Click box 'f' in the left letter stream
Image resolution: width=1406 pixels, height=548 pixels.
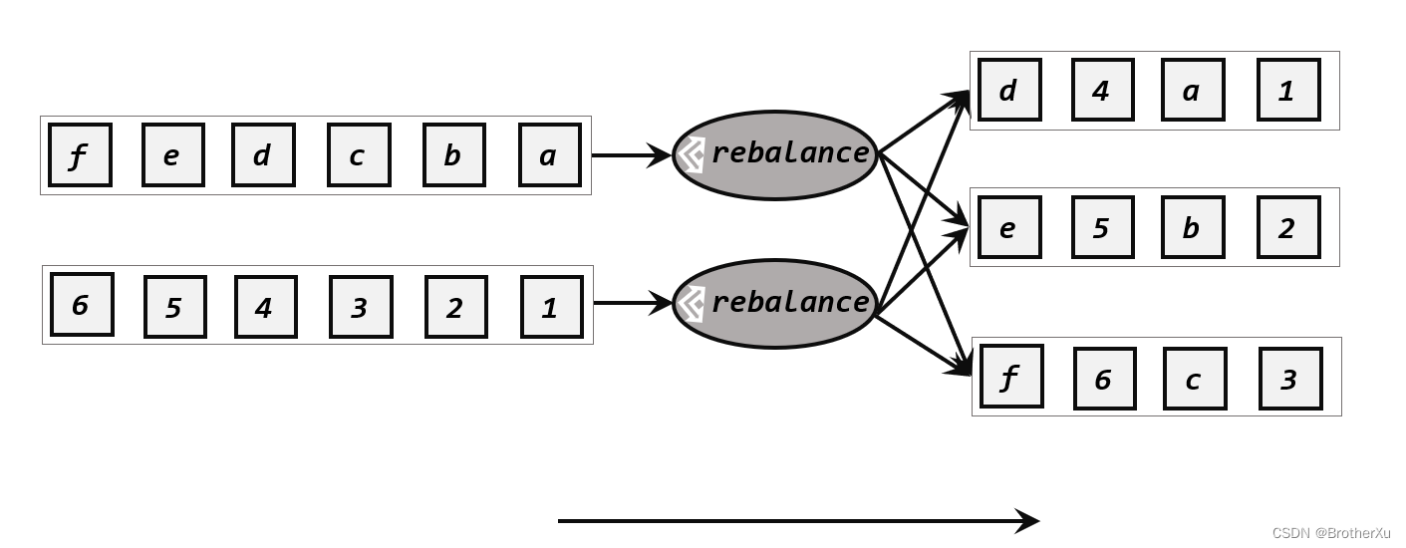point(80,155)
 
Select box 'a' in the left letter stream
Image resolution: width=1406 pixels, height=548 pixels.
point(549,155)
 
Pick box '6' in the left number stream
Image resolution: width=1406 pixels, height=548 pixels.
point(82,305)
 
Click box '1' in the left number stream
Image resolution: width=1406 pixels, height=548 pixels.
point(551,307)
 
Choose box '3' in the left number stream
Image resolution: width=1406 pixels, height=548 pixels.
point(361,307)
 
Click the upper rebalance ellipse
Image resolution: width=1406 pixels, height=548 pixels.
point(775,155)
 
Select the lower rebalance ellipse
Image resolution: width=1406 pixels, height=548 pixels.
point(775,304)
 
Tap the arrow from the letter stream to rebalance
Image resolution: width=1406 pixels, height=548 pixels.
point(632,155)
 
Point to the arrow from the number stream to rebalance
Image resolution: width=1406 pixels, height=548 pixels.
point(634,303)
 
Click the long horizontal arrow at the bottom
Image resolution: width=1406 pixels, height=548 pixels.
point(797,520)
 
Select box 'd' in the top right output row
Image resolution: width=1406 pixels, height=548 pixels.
point(1009,90)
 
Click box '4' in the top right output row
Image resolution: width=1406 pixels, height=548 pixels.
point(1102,90)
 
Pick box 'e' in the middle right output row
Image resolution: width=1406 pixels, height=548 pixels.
point(1009,227)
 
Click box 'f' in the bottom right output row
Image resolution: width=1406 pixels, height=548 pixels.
point(1011,377)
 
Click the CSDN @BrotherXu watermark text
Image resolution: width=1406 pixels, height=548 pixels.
point(1330,533)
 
